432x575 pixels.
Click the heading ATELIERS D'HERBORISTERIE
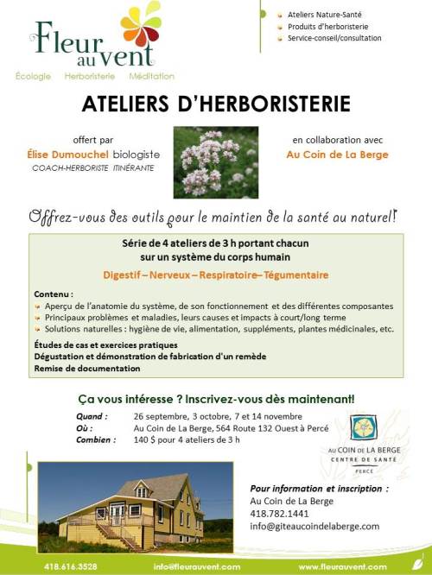(x=216, y=104)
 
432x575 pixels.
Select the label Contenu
(x=53, y=294)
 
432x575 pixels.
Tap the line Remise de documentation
(x=87, y=369)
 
